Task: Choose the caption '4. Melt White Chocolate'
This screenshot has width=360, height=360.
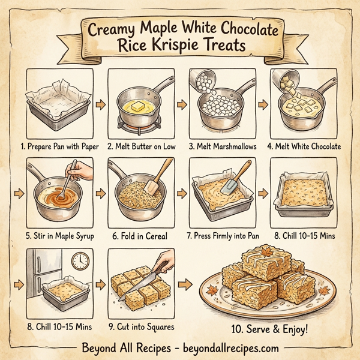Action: pos(304,146)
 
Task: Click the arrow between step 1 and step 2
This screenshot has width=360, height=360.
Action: pos(99,106)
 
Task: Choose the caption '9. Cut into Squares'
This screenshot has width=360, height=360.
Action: pos(140,327)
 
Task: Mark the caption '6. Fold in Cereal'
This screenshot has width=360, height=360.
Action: pos(140,236)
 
